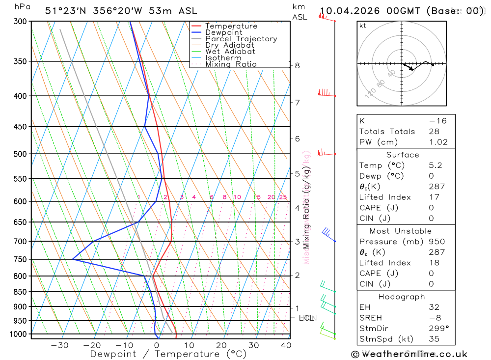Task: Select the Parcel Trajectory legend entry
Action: coord(241,39)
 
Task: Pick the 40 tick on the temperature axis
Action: coord(286,345)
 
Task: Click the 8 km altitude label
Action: coord(298,66)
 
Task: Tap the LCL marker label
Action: coord(306,318)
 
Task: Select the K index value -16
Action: coord(437,121)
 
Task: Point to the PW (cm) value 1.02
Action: coord(438,142)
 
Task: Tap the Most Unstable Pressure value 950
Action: coord(436,242)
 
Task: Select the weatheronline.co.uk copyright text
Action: coord(409,354)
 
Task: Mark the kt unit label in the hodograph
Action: coord(363,26)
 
